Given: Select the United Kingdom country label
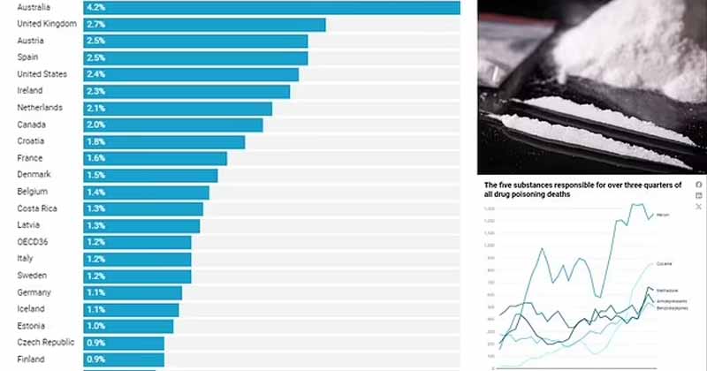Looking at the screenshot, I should point(47,24).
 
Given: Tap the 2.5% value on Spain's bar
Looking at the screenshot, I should point(96,57).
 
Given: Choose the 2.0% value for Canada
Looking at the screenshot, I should point(96,125).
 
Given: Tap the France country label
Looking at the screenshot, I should point(31,158).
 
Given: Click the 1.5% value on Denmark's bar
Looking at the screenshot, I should point(96,175).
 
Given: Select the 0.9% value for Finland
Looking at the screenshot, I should point(96,360).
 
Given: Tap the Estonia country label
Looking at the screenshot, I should point(33,326).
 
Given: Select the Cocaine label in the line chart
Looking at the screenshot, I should point(665,263).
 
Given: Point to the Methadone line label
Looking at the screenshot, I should point(667,291).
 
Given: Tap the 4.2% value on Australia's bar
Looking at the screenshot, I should point(96,7).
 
